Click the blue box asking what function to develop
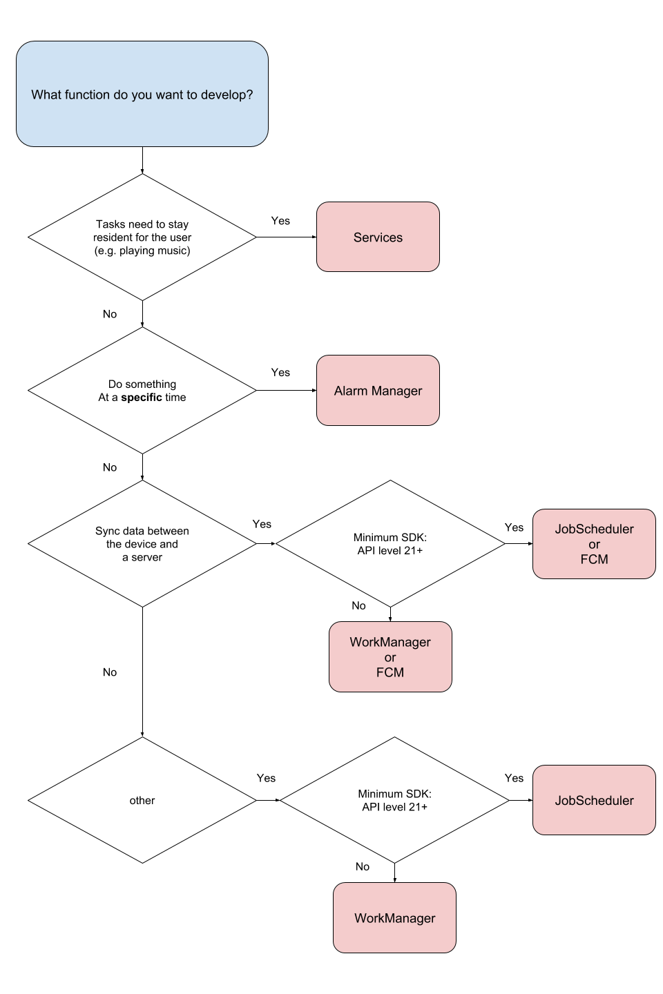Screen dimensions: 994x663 142,94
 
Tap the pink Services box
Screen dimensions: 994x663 378,237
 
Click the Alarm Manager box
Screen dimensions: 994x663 378,390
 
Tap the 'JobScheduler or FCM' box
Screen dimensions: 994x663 594,543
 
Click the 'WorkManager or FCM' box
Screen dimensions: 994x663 390,656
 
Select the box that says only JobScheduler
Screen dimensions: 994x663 594,800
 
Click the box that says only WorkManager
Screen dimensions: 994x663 394,918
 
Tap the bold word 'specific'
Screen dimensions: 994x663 142,398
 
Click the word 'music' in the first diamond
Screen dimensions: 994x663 173,251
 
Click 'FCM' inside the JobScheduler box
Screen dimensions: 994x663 594,559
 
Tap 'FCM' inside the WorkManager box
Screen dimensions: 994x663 390,672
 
